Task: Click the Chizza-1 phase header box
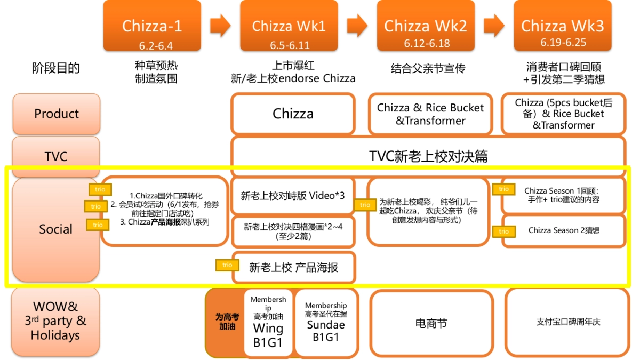click(152, 26)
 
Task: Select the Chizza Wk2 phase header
click(425, 26)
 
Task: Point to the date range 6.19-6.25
click(563, 43)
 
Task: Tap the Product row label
click(56, 114)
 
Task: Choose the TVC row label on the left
click(56, 156)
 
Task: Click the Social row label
click(56, 229)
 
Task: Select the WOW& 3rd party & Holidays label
click(56, 321)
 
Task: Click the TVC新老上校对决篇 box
click(428, 156)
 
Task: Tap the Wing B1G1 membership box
click(268, 323)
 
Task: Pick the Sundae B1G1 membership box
click(325, 323)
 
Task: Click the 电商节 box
click(431, 323)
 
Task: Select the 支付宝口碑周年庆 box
click(567, 323)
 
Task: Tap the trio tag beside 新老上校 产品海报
click(227, 265)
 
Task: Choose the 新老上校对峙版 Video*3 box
click(293, 196)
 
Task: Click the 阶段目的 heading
click(56, 68)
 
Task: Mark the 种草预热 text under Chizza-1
click(156, 66)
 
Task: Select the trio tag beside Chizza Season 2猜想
click(503, 231)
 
